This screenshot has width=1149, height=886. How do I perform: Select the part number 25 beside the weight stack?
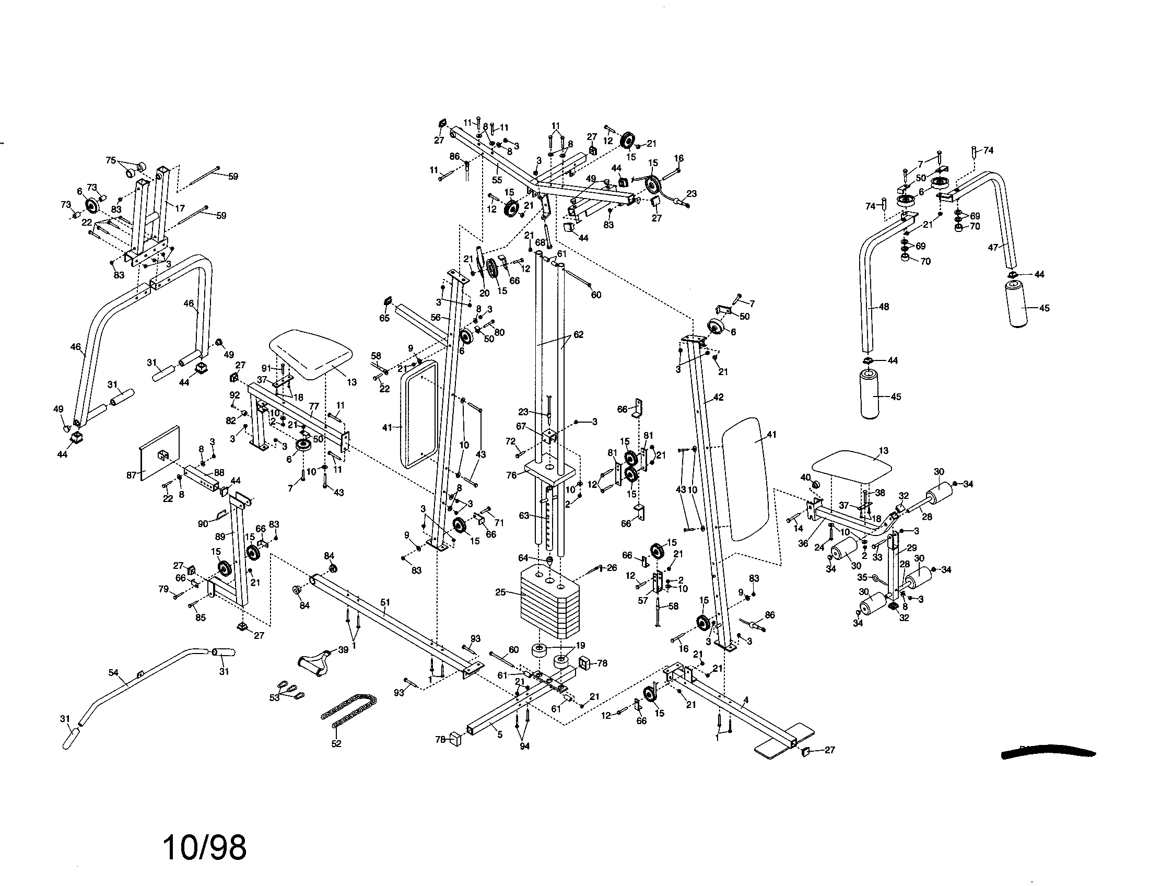point(500,592)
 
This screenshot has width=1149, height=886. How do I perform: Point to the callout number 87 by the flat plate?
point(132,474)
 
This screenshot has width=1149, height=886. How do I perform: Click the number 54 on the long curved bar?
point(114,672)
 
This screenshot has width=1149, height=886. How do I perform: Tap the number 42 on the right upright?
point(718,397)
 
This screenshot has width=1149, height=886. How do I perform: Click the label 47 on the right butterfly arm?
point(993,247)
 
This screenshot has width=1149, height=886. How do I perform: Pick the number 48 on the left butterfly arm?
point(884,306)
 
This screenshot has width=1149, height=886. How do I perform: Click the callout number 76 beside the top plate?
point(511,474)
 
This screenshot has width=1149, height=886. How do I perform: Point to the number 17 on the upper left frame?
point(180,209)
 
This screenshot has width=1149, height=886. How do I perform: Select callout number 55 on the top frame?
point(497,180)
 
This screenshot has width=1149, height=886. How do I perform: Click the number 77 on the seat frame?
point(314,406)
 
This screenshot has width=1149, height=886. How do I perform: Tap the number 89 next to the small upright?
point(220,537)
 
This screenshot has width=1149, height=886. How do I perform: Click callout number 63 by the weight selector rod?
point(524,516)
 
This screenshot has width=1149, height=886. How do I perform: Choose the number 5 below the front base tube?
point(500,735)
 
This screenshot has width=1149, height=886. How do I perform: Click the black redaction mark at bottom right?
point(1047,753)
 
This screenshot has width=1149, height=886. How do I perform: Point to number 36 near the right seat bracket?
point(803,543)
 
